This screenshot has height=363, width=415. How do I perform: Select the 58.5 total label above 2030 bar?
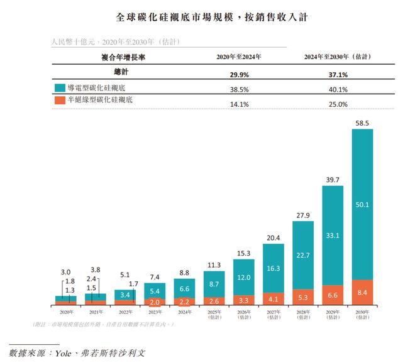click(362, 122)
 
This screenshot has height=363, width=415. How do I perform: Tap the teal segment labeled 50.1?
click(362, 204)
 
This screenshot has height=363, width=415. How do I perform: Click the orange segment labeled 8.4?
click(362, 291)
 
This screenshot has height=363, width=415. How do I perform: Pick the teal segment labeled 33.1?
click(333, 236)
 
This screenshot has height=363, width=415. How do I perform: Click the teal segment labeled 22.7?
click(303, 256)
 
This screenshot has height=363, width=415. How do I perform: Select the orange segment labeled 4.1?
click(273, 298)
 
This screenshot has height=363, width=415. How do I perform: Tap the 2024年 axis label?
click(184, 310)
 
